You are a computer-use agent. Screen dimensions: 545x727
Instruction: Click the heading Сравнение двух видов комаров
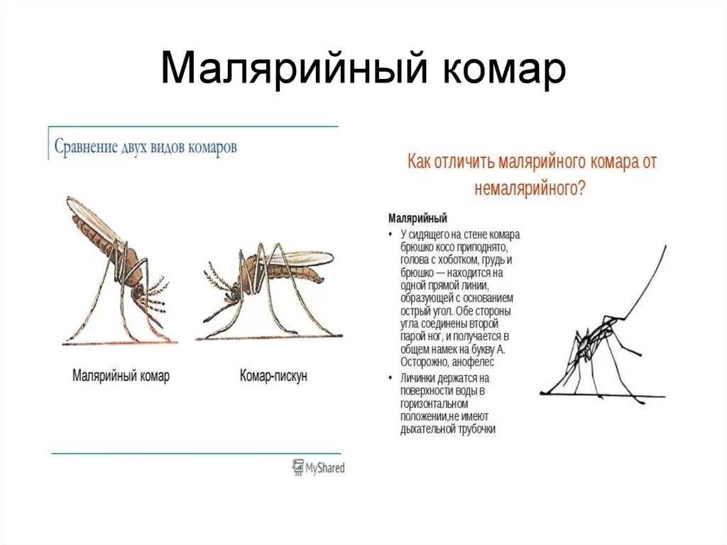click(x=146, y=148)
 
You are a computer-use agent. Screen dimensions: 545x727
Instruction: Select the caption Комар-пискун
click(x=273, y=376)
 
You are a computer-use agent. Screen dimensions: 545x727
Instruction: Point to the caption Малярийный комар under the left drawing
click(x=121, y=376)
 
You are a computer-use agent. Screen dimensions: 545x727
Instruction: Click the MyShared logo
click(x=318, y=467)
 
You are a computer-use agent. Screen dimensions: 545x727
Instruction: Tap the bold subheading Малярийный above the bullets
click(x=417, y=217)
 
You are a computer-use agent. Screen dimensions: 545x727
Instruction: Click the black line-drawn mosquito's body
click(x=595, y=341)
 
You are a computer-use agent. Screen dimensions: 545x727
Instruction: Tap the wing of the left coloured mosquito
click(x=89, y=217)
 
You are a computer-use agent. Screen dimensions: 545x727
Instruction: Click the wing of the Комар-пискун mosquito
click(x=302, y=257)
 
